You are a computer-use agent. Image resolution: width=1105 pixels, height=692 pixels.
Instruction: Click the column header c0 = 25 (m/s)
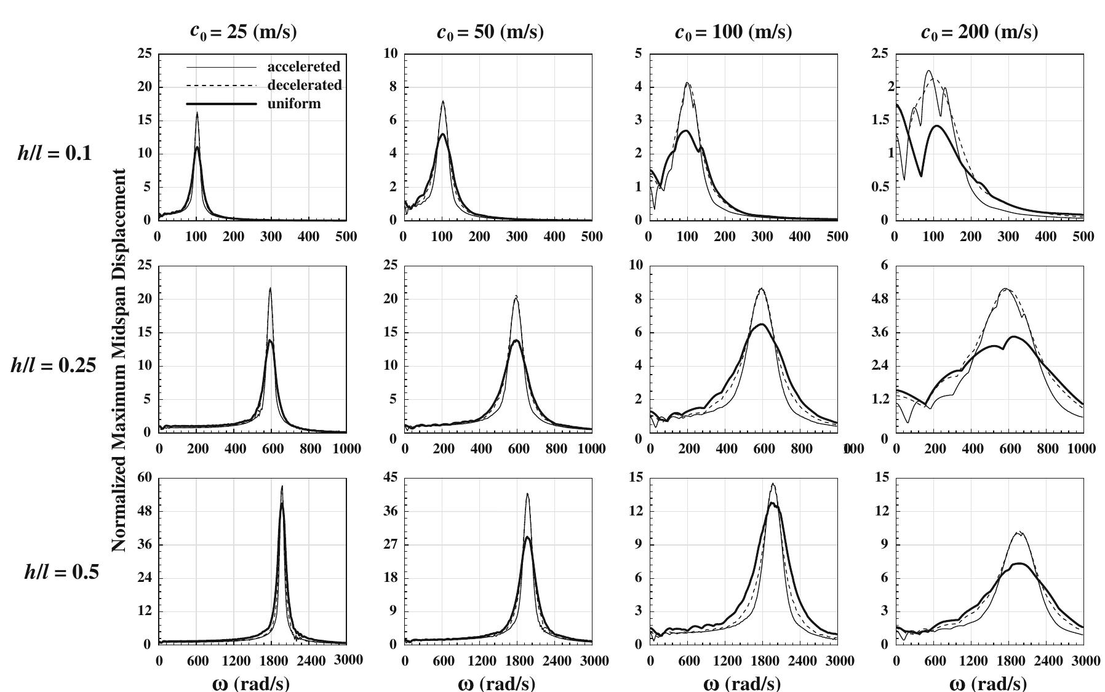pyautogui.click(x=243, y=32)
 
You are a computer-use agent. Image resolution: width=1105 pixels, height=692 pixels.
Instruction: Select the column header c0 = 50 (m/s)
pyautogui.click(x=490, y=32)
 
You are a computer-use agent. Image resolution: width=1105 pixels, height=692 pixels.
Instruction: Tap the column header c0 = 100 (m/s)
pyautogui.click(x=733, y=32)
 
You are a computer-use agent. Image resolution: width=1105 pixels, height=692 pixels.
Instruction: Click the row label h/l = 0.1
pyautogui.click(x=55, y=153)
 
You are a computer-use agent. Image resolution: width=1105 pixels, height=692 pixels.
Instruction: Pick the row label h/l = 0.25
pyautogui.click(x=54, y=365)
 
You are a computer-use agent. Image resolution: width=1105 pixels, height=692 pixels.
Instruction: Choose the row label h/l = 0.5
pyautogui.click(x=61, y=573)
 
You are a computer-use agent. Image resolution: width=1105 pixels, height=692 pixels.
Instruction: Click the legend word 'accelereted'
pyautogui.click(x=303, y=66)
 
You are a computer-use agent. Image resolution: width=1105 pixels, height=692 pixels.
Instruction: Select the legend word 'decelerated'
pyautogui.click(x=304, y=85)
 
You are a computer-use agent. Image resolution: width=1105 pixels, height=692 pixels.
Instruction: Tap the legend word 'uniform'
pyautogui.click(x=293, y=103)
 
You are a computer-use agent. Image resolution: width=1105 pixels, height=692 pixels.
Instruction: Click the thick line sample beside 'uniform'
pyautogui.click(x=221, y=104)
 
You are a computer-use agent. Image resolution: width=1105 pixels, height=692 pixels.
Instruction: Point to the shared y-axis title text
pyautogui.click(x=119, y=360)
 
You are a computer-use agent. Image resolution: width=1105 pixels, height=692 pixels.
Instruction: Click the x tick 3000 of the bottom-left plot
pyautogui.click(x=348, y=660)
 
